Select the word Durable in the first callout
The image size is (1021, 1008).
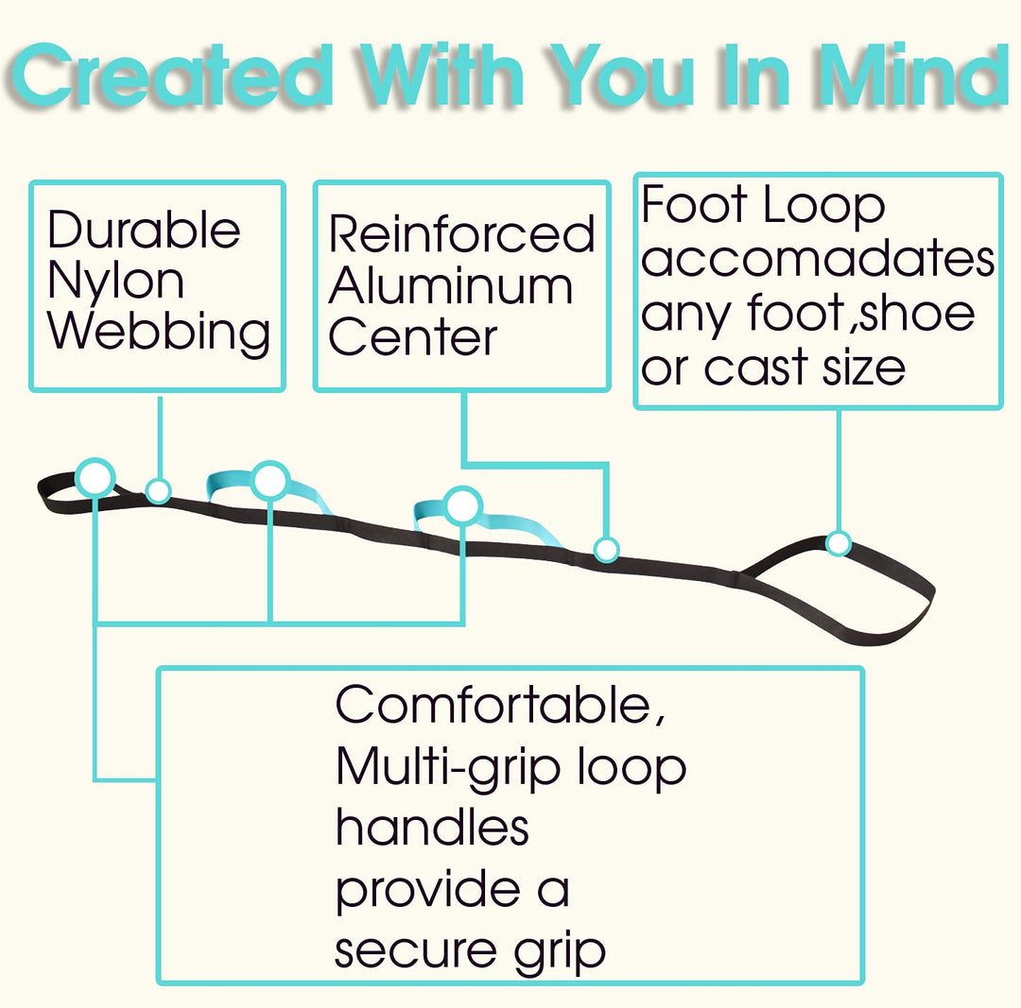coord(144,231)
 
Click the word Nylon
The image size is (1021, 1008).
coord(115,281)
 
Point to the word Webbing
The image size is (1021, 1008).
coord(159,333)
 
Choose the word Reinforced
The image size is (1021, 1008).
coord(461,234)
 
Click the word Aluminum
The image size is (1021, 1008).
coord(450,286)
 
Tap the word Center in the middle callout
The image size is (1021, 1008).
coord(412,337)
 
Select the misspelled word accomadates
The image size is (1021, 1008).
coord(818,259)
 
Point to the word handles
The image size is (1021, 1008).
coord(431,827)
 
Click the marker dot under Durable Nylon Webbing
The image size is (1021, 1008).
coord(159,490)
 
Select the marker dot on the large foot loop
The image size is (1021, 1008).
coord(838,543)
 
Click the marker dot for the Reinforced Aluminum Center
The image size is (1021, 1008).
coord(606,548)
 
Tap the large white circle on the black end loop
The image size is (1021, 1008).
coord(95,478)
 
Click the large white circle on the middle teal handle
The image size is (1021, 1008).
coord(270,481)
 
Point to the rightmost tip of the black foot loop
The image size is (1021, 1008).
coord(933,593)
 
